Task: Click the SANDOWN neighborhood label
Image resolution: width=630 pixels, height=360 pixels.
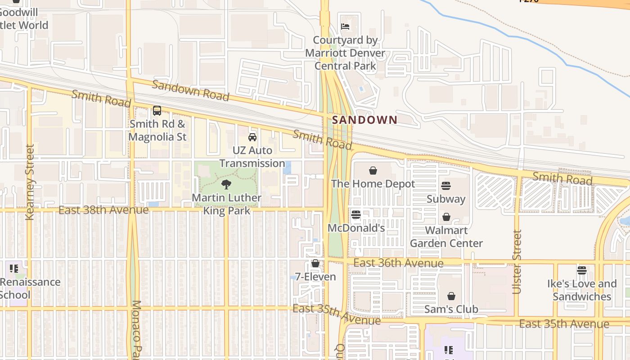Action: point(364,120)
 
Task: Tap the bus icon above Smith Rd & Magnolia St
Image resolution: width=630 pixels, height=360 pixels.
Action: point(157,110)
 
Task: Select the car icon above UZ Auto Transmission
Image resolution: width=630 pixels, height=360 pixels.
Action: point(252,137)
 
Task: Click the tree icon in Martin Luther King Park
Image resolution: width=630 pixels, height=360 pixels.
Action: point(226,184)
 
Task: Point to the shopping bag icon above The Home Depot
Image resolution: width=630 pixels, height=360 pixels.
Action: point(373,171)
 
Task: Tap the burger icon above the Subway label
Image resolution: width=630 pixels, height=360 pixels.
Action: point(446,185)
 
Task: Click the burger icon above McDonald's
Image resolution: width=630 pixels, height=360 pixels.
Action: point(356,215)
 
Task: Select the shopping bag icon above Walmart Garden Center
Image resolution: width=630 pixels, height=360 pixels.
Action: point(446,217)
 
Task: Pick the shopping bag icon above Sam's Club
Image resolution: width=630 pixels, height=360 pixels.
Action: point(451,296)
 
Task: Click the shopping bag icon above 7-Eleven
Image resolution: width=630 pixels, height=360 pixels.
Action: point(315,263)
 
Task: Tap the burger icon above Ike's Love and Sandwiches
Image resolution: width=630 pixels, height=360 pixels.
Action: point(582,270)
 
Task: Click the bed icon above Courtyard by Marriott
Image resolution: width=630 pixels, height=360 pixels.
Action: point(345,27)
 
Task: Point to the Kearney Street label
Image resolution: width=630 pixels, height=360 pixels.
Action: point(30,182)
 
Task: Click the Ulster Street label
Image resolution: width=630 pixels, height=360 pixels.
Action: point(517,262)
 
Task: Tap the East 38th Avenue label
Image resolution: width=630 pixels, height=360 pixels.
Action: point(103,210)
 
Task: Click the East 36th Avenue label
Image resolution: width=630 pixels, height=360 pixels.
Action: point(398,263)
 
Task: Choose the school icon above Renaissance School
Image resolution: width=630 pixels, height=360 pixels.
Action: point(14,269)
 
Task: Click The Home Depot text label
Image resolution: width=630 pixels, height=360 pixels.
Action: point(373,184)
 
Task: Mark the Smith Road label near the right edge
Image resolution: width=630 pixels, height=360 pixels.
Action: point(562,178)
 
